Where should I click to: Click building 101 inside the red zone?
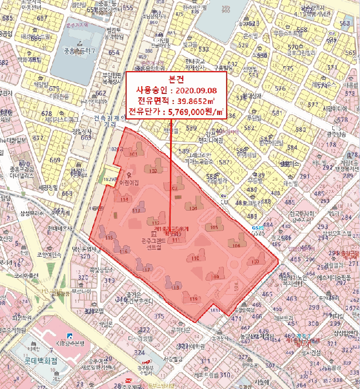tap(132, 153)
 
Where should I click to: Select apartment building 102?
tap(154, 171)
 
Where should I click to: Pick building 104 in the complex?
tap(193, 208)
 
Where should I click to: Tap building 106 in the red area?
tap(237, 245)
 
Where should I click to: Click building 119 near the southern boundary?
tap(194, 300)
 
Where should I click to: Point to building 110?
tap(195, 258)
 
